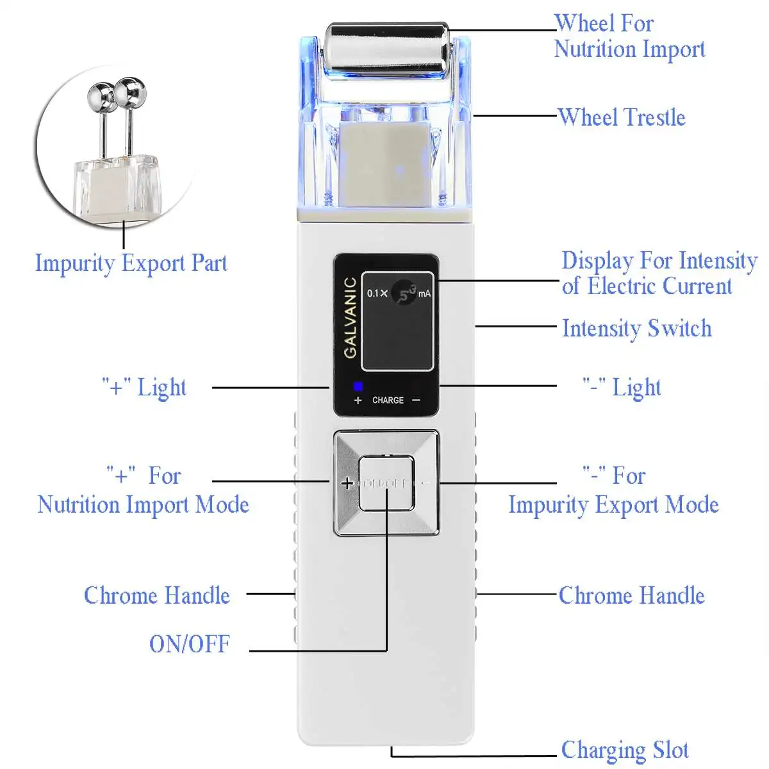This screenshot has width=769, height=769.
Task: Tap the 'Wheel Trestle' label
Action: click(x=622, y=117)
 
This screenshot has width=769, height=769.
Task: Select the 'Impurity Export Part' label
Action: click(x=131, y=263)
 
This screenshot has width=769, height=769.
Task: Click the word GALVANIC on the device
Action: click(x=351, y=317)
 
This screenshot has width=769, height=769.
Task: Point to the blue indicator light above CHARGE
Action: click(x=358, y=386)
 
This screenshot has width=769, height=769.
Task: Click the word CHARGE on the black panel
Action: click(x=388, y=400)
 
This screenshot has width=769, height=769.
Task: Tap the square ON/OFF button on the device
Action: click(x=386, y=483)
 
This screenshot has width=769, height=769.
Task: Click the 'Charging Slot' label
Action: click(x=625, y=750)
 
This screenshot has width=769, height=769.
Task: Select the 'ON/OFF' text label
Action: click(x=190, y=644)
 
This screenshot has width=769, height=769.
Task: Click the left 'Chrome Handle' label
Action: click(x=157, y=595)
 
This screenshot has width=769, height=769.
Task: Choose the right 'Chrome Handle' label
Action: click(x=631, y=595)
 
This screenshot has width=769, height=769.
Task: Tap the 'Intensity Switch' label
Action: click(x=636, y=328)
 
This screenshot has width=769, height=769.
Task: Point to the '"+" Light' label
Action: click(x=145, y=388)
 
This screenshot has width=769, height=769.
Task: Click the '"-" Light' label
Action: click(x=621, y=388)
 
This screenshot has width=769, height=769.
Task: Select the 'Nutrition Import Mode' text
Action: click(x=144, y=505)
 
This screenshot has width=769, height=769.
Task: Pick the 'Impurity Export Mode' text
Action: click(x=613, y=505)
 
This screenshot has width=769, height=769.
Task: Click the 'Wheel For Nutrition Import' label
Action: click(x=629, y=37)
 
